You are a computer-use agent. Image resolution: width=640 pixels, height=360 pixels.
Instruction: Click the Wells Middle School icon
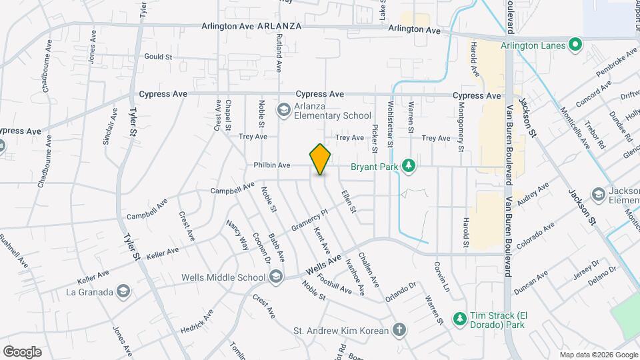pyautogui.click(x=275, y=277)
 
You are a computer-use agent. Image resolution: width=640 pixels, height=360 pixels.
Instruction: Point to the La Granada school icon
pyautogui.click(x=123, y=291)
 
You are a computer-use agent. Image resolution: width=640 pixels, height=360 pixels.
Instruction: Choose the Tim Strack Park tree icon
pyautogui.click(x=459, y=319)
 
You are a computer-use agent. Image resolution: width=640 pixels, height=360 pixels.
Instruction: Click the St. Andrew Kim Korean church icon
pyautogui.click(x=398, y=330)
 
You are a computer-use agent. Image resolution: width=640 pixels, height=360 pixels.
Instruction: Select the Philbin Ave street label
pyautogui.click(x=272, y=165)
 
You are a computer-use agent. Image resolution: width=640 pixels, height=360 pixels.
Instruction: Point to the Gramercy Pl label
pyautogui.click(x=311, y=221)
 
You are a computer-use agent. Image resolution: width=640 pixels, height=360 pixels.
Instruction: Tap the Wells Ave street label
pyautogui.click(x=323, y=263)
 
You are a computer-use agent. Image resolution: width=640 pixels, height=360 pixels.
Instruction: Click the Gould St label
pyautogui.click(x=158, y=57)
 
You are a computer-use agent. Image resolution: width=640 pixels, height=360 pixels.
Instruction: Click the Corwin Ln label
pyautogui.click(x=443, y=276)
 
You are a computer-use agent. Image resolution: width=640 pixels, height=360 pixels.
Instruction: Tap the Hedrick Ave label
pyautogui.click(x=197, y=322)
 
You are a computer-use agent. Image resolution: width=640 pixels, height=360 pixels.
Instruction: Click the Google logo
pyautogui.click(x=22, y=351)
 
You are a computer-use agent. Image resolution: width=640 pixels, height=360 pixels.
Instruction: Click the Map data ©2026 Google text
pyautogui.click(x=598, y=354)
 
